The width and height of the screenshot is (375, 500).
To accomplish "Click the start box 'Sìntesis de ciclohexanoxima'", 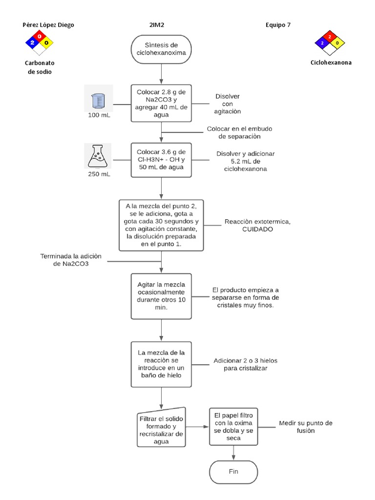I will (161, 49).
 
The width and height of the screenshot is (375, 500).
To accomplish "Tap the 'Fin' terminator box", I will (233, 472).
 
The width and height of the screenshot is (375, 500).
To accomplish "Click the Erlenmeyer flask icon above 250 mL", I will (98, 156).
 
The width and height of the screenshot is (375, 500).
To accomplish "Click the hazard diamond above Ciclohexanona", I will (330, 43).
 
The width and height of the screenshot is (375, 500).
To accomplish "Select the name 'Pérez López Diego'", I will (49, 25).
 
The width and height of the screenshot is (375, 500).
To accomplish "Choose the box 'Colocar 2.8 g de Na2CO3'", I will (161, 104).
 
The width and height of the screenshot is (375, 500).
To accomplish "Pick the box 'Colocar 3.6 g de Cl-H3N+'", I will (161, 159).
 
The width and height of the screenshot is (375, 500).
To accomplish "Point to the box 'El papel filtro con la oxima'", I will (233, 426).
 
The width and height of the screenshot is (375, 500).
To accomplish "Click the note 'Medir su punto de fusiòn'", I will (306, 427).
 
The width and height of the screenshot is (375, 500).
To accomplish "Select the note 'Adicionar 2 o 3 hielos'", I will (246, 364).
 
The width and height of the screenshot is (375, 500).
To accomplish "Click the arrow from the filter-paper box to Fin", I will (233, 453).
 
